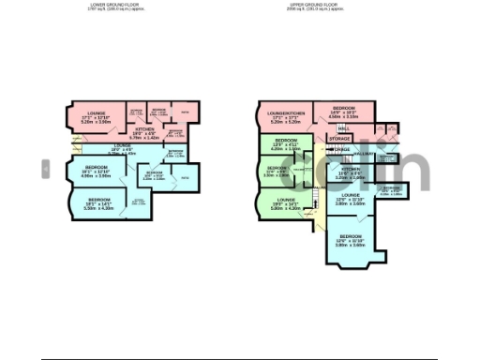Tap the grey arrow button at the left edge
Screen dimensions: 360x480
pyautogui.click(x=44, y=168)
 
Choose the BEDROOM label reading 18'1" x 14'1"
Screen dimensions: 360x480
pyautogui.click(x=98, y=200)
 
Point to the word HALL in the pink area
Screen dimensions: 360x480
pyautogui.click(x=343, y=127)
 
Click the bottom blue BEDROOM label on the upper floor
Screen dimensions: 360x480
pyautogui.click(x=351, y=236)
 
